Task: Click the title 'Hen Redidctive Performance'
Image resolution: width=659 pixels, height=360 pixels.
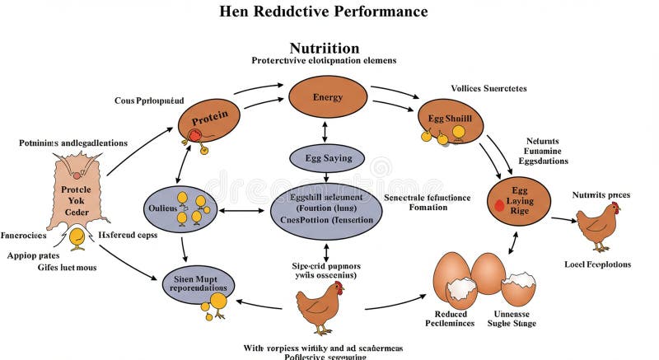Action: click(x=324, y=12)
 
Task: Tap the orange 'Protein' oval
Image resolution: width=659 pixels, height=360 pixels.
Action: click(x=210, y=116)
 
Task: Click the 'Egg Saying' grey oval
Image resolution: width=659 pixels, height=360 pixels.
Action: click(x=327, y=157)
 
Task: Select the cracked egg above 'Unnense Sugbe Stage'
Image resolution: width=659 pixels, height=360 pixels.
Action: click(x=520, y=288)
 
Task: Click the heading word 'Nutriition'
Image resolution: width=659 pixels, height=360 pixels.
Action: click(x=324, y=48)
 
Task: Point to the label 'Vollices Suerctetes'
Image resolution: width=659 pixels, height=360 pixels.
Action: click(x=488, y=88)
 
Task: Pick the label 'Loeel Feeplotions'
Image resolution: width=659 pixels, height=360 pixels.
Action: click(x=598, y=264)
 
